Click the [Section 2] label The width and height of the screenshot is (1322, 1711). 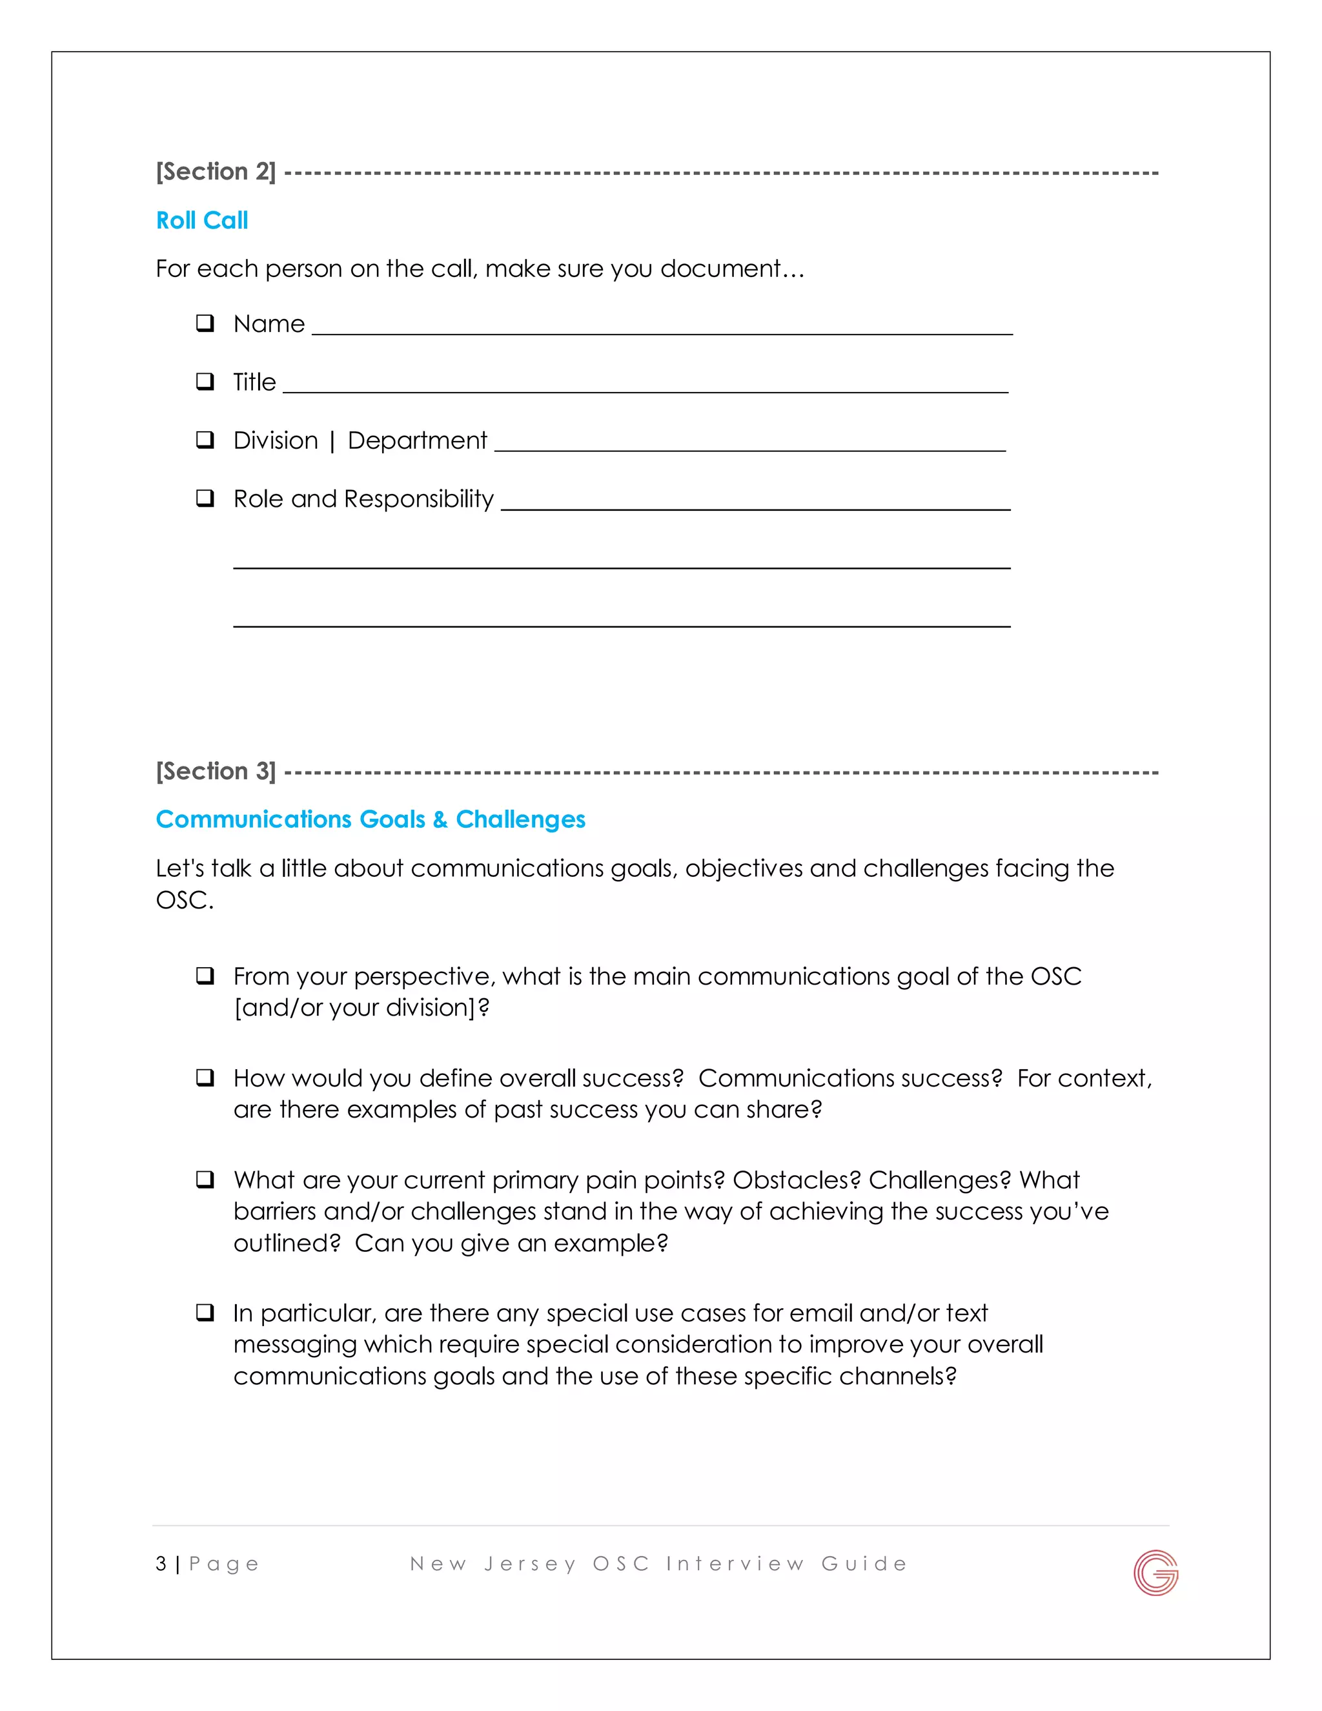[x=216, y=172]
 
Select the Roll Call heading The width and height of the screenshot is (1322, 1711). [x=202, y=220]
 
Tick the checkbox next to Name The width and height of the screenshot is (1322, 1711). [x=205, y=323]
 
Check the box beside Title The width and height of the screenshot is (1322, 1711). [x=205, y=382]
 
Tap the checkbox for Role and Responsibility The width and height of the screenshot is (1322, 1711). [x=205, y=498]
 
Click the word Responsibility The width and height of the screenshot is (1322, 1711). [x=419, y=499]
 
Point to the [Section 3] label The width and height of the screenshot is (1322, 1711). [x=216, y=771]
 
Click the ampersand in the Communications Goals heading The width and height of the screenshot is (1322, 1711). [x=440, y=819]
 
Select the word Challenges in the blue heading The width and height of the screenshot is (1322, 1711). [x=520, y=819]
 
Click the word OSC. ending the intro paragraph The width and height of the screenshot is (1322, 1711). [x=184, y=900]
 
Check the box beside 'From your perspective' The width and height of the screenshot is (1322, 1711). [x=205, y=976]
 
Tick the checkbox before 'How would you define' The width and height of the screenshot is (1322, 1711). [x=205, y=1077]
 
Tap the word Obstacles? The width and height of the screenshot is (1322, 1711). [x=796, y=1180]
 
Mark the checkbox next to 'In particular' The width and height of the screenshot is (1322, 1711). [x=205, y=1312]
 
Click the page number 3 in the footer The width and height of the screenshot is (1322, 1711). [x=161, y=1564]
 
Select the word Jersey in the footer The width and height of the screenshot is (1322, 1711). [x=529, y=1564]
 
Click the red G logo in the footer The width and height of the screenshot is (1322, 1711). [x=1155, y=1572]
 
